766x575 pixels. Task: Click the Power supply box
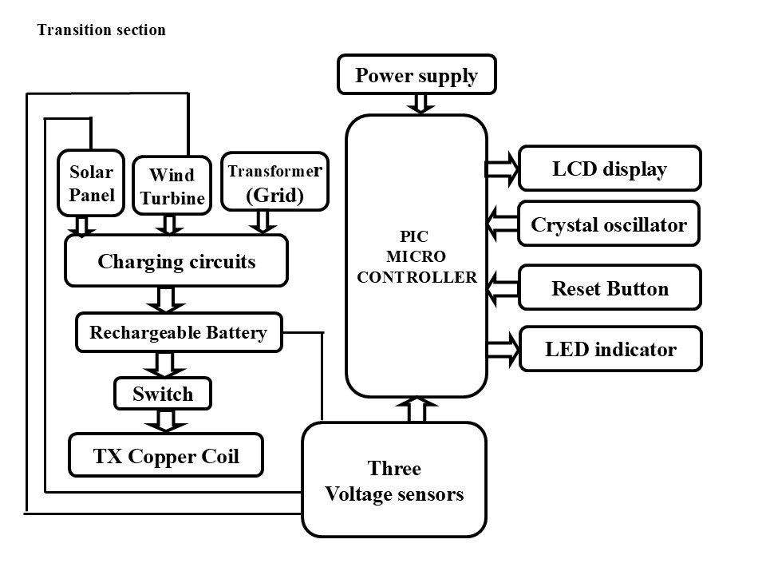pyautogui.click(x=417, y=75)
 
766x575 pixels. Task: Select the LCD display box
pyautogui.click(x=610, y=169)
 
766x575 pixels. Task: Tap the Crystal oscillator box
pyautogui.click(x=610, y=225)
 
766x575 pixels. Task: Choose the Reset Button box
pyautogui.click(x=610, y=288)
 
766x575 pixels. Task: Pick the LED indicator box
pyautogui.click(x=610, y=349)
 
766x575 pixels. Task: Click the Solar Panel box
pyautogui.click(x=92, y=183)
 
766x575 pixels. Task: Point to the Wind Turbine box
pyautogui.click(x=171, y=185)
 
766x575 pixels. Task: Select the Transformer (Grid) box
pyautogui.click(x=274, y=182)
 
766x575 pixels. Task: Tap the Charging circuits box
pyautogui.click(x=176, y=260)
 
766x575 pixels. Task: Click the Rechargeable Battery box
pyautogui.click(x=179, y=332)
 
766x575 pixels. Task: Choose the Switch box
pyautogui.click(x=164, y=393)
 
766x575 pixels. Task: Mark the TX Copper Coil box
pyautogui.click(x=166, y=455)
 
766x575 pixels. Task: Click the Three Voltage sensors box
pyautogui.click(x=394, y=480)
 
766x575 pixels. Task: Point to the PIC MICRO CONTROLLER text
pyautogui.click(x=417, y=256)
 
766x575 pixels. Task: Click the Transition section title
pyautogui.click(x=101, y=30)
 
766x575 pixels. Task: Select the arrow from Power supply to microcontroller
pyautogui.click(x=420, y=104)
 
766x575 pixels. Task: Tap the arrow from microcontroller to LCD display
pyautogui.click(x=502, y=169)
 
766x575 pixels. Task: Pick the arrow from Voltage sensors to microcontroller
pyautogui.click(x=417, y=410)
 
